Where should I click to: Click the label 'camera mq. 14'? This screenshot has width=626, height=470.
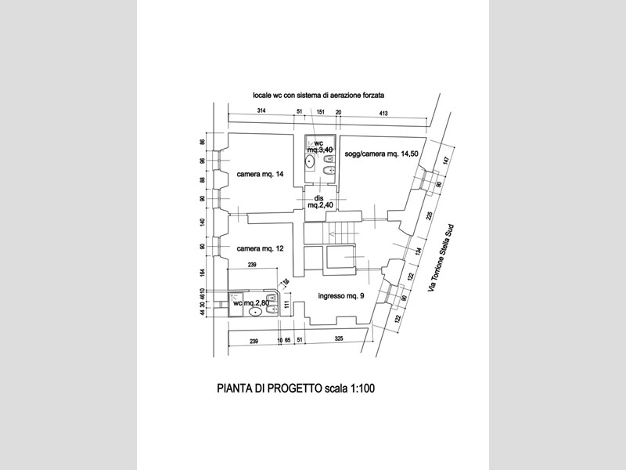[x=261, y=174]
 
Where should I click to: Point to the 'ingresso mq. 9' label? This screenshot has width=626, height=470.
[x=340, y=296]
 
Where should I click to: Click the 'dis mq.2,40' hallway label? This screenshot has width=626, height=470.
[x=319, y=201]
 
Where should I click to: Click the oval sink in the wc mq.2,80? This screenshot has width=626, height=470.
[x=255, y=313]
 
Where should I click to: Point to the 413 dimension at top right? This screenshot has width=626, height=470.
[x=384, y=113]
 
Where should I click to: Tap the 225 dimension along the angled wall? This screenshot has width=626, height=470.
[x=430, y=216]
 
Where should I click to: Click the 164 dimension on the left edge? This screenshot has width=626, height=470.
[x=202, y=273]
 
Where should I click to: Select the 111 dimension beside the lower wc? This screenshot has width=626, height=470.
[x=287, y=305]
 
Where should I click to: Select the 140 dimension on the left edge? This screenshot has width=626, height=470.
[x=202, y=222]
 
